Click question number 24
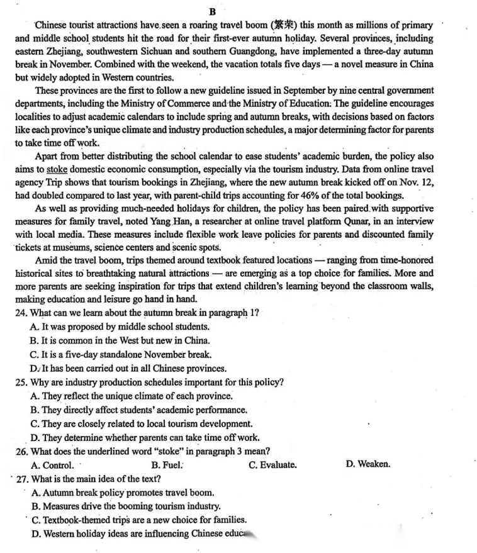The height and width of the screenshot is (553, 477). tap(21, 313)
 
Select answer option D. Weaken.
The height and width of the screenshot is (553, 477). tap(368, 465)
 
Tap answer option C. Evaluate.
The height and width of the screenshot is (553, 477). tap(272, 465)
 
